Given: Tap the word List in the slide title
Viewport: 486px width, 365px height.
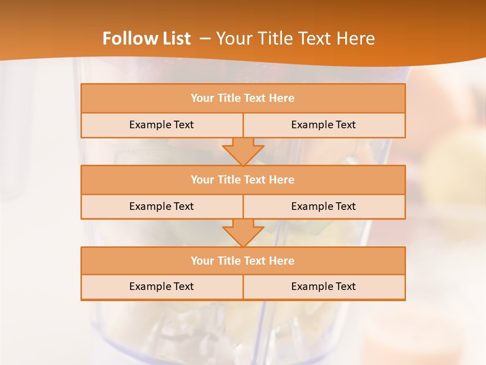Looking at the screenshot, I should click(174, 39).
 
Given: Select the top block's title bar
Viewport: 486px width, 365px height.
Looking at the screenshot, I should click(243, 98).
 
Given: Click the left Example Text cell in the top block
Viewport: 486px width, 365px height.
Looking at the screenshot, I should click(161, 125).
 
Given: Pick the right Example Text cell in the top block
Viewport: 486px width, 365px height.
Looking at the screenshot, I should click(323, 125).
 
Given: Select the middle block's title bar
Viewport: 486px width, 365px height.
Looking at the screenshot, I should click(243, 179).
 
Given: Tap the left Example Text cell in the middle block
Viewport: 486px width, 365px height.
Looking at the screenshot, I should click(161, 206).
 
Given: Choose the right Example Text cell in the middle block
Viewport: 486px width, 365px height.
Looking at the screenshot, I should click(323, 206).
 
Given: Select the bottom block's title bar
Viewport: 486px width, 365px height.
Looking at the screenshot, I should click(243, 261).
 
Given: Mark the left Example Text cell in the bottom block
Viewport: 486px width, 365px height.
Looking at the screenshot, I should click(161, 286).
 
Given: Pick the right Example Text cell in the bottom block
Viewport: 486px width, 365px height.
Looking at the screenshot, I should click(323, 286).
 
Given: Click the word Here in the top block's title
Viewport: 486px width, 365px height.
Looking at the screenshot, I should click(281, 98).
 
